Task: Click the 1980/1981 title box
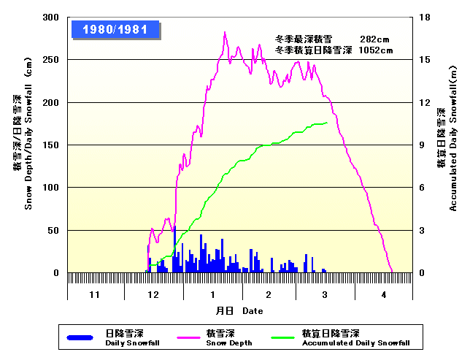point(115,30)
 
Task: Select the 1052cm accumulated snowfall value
point(376,50)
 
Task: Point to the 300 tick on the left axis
point(51,18)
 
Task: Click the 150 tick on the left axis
point(51,145)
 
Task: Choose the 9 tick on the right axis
point(421,145)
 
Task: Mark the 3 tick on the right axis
point(421,231)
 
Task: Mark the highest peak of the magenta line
point(225,32)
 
